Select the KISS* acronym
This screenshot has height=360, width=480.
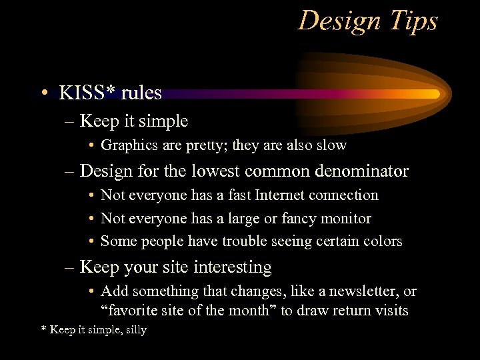coord(85,93)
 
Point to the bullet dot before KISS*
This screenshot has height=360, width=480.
coord(44,93)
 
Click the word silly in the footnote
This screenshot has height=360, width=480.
coord(135,330)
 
